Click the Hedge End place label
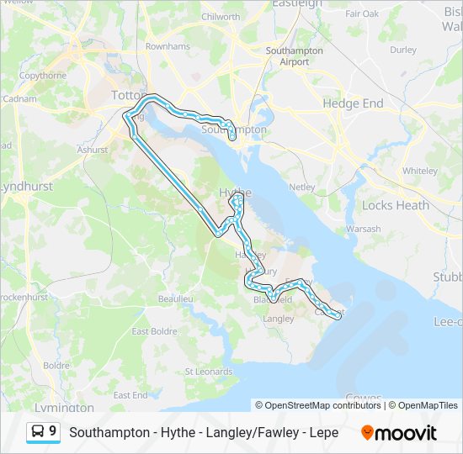tap(353, 103)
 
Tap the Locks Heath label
tap(395, 205)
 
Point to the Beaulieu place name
tap(176, 298)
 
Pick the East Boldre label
tap(154, 331)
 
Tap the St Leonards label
tap(208, 371)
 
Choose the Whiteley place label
tap(419, 171)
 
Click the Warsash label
tap(363, 229)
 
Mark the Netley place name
tap(301, 186)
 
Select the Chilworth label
tap(221, 40)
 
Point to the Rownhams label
tap(168, 46)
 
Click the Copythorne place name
tap(43, 75)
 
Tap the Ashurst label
tap(93, 150)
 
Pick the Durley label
tap(403, 50)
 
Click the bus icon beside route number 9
tap(37, 431)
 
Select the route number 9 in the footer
tap(53, 431)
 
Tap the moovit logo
tap(399, 432)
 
